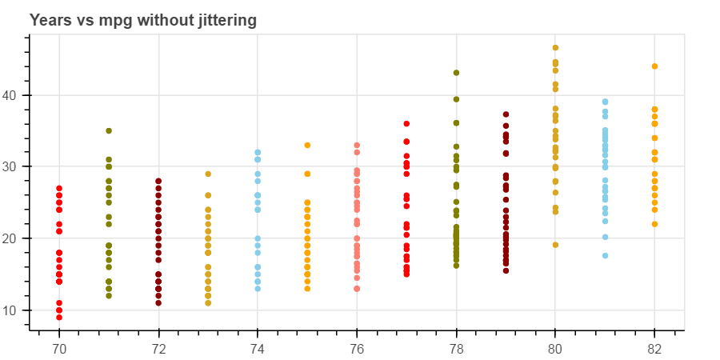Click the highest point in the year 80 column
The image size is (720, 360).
555,48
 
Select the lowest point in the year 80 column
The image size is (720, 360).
555,245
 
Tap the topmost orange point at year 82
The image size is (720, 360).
654,66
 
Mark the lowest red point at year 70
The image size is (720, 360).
59,318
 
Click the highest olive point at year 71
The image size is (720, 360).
109,131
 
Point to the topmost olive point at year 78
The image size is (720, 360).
456,73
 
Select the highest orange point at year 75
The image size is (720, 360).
307,146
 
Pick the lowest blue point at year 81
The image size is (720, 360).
605,256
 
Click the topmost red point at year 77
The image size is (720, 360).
406,124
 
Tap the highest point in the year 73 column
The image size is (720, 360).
208,174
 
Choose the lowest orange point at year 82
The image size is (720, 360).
654,224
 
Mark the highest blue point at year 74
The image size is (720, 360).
258,152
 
